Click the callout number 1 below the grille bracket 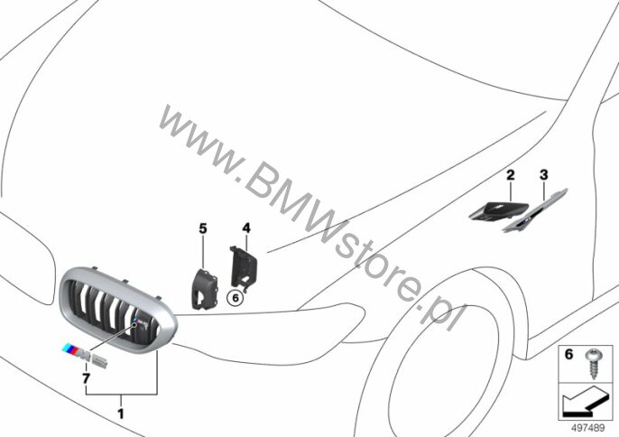[121, 414]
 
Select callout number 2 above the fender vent [511, 174]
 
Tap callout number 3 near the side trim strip [544, 174]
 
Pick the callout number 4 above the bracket [246, 228]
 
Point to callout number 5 [202, 228]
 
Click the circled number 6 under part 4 [236, 298]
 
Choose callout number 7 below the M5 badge [86, 378]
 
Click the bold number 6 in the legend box [568, 355]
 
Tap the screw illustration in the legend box [593, 364]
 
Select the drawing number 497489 [587, 428]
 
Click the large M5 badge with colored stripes [85, 355]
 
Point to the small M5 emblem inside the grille [142, 324]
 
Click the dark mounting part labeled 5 [205, 289]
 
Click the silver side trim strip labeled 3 [535, 210]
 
